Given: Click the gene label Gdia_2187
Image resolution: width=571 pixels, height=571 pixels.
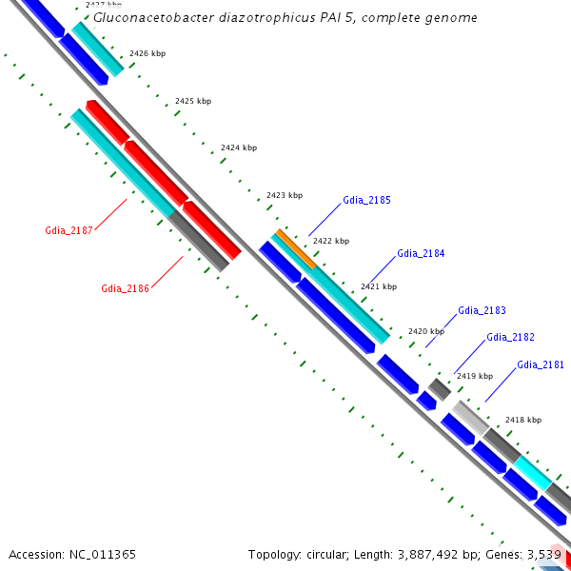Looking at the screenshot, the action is (69, 230).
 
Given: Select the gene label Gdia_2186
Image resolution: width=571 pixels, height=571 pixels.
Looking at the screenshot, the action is (125, 288).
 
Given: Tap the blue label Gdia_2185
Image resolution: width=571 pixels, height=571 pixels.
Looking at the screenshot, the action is (366, 200).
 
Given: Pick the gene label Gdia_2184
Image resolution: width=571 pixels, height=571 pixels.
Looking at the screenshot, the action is (421, 253).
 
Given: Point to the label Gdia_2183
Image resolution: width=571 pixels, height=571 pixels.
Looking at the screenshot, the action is (482, 310).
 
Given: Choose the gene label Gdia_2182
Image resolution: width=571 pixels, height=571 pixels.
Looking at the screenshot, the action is (510, 337).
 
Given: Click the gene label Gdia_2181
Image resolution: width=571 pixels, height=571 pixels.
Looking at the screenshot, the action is (541, 364).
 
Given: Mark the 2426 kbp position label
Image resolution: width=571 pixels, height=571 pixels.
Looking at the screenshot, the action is (148, 53).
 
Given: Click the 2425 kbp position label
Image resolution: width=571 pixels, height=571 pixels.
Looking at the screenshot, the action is (193, 101).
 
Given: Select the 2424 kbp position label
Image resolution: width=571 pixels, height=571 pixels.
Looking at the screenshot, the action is (239, 148).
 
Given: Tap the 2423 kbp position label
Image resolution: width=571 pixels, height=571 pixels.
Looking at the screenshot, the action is (285, 195).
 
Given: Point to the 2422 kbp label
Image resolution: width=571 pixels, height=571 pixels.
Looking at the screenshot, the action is (331, 241).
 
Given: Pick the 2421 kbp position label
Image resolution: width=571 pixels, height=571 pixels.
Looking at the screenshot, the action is (379, 286).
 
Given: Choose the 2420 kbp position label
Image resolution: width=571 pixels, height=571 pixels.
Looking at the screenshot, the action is (426, 331).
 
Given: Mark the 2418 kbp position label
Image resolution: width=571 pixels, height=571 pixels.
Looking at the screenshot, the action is (522, 420).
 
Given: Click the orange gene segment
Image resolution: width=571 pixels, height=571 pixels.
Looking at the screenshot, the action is (296, 249).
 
